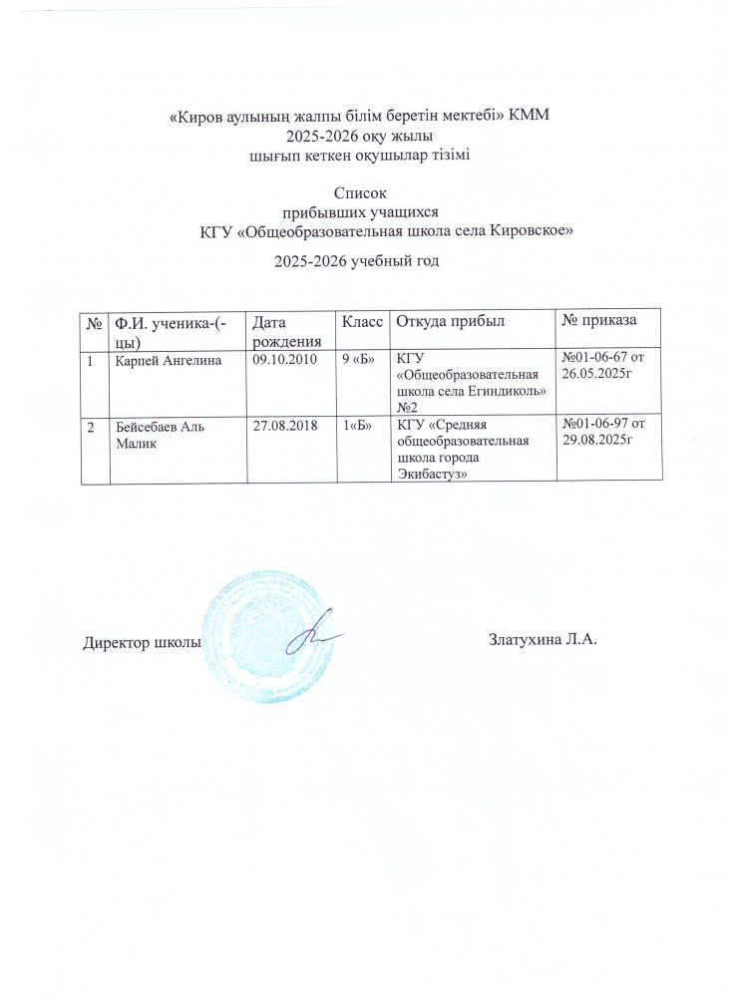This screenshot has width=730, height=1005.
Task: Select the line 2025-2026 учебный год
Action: [x=356, y=262]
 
